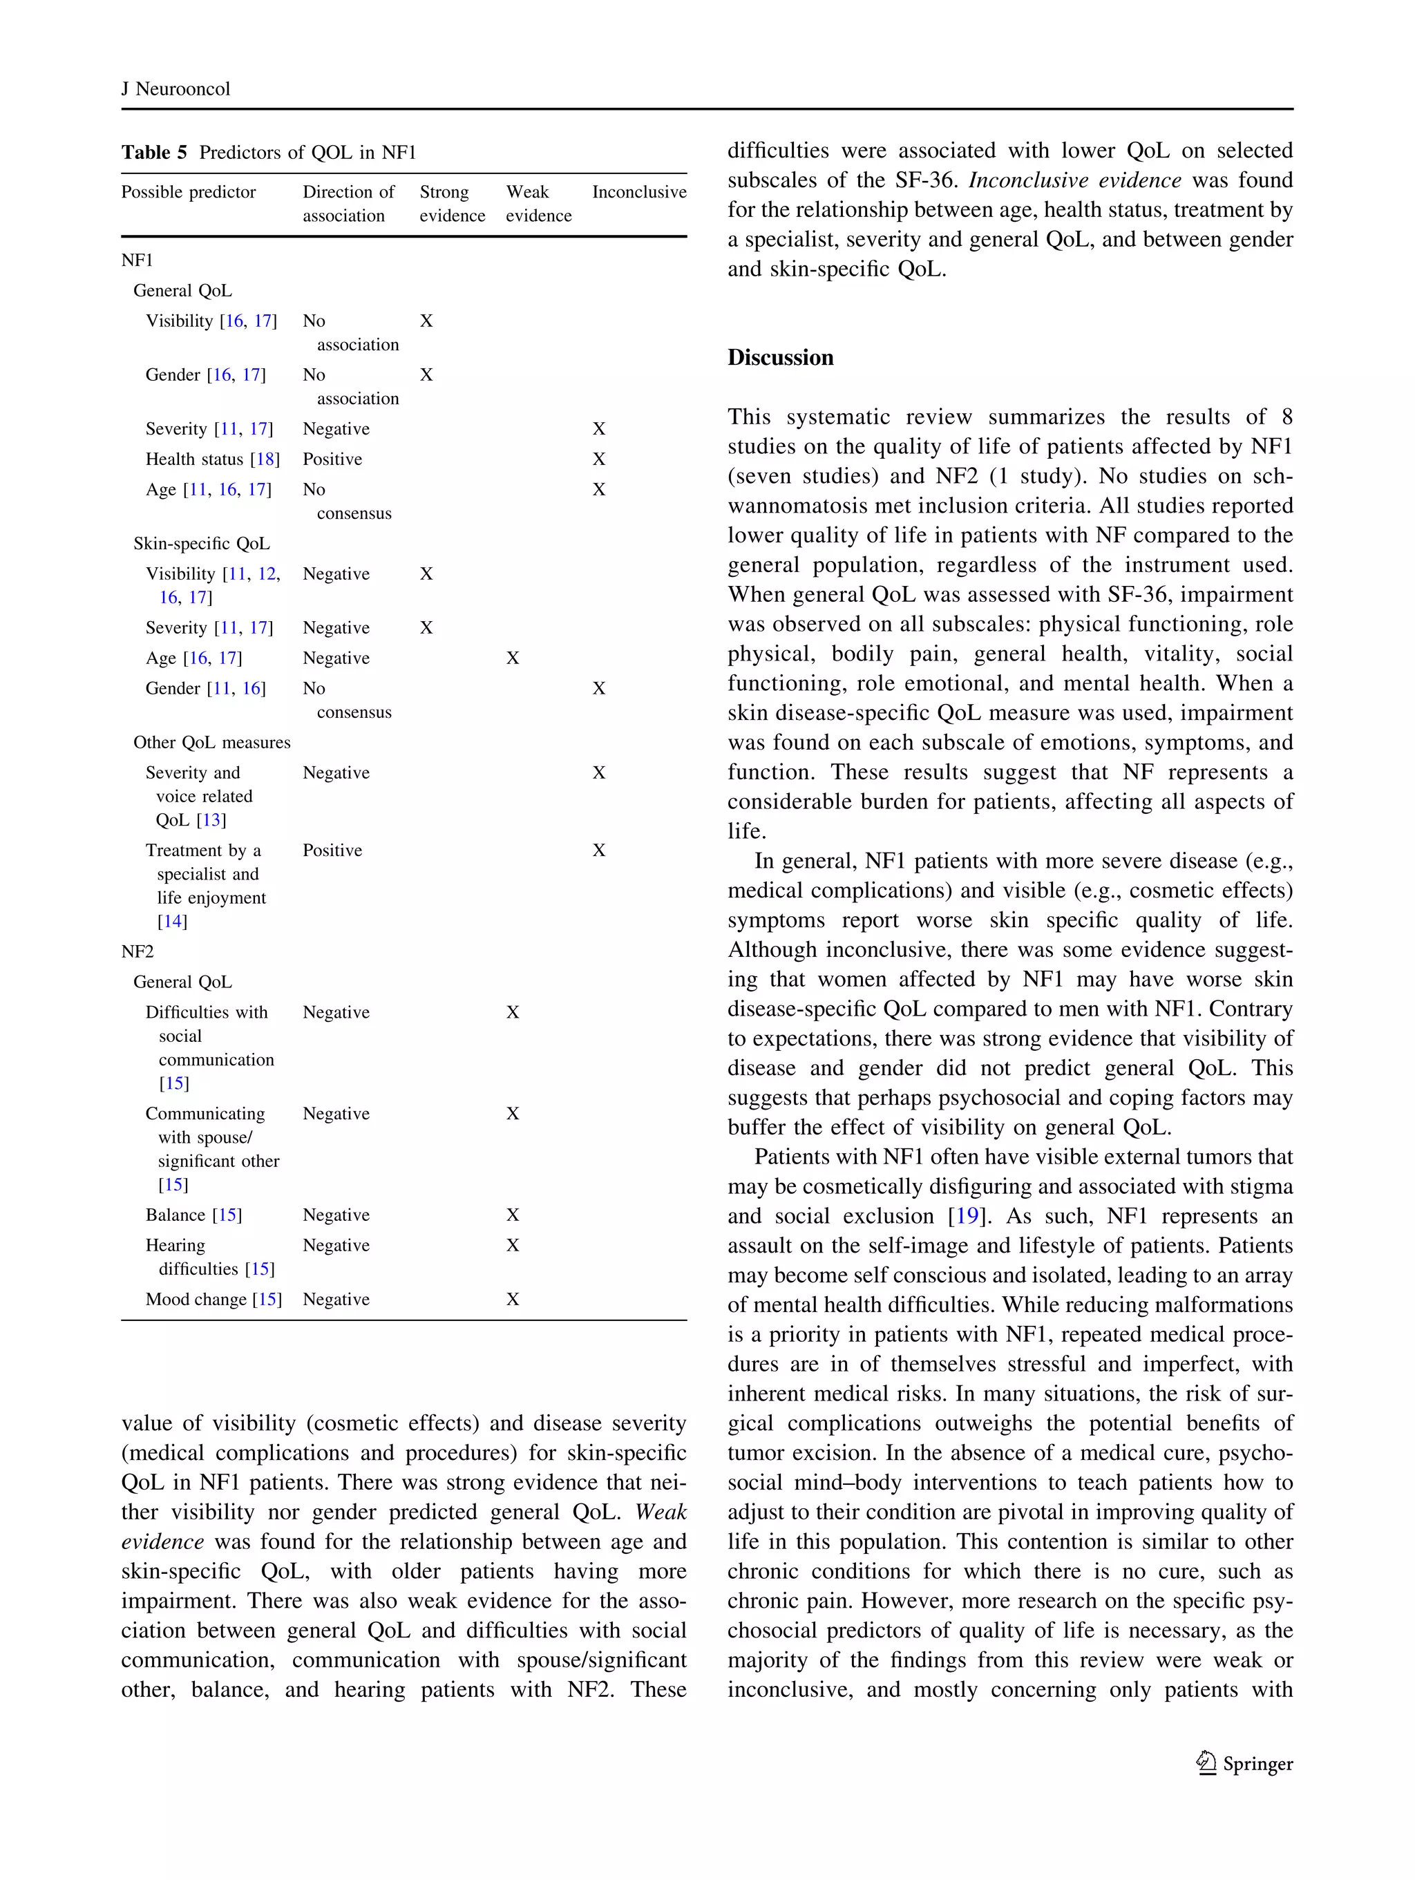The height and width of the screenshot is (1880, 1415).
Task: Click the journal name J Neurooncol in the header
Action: coord(176,89)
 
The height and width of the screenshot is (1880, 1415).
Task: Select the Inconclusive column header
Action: coord(638,192)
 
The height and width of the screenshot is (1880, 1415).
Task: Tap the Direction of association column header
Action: coord(348,204)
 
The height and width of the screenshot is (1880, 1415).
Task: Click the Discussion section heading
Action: coord(779,358)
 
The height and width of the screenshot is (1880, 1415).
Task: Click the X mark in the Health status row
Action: coord(598,459)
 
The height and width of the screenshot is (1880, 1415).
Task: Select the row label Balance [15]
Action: coord(193,1215)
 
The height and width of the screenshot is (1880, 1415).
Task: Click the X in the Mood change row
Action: coord(513,1299)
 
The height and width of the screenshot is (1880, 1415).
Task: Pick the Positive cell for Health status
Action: coord(332,459)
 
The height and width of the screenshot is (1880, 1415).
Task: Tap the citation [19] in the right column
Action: coord(967,1216)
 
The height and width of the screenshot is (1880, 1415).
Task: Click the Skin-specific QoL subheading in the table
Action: coord(202,544)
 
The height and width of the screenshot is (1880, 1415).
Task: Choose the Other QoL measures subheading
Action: coord(211,743)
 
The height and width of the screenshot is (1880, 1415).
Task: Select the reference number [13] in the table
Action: coord(211,820)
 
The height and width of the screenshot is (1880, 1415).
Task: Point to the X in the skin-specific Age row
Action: coord(513,658)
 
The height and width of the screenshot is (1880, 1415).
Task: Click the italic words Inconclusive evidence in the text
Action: coord(1074,181)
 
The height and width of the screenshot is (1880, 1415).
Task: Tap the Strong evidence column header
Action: coord(451,204)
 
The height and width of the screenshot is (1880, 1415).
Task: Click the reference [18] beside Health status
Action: coord(265,459)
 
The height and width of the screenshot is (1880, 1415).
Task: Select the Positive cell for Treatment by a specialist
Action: coord(332,851)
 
